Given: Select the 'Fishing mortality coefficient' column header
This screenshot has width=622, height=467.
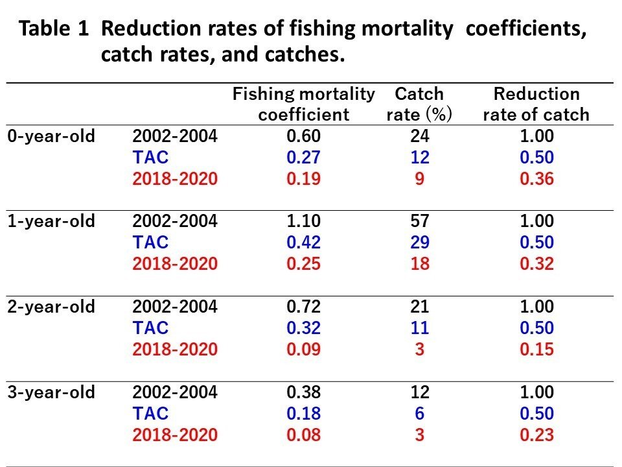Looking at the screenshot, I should [x=303, y=104].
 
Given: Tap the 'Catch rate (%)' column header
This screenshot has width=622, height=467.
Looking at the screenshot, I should [x=419, y=104].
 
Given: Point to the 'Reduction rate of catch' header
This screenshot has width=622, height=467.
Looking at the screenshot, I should [x=536, y=104].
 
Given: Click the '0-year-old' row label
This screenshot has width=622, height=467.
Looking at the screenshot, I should [x=51, y=136].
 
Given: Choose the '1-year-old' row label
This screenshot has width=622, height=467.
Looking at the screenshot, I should [x=51, y=221].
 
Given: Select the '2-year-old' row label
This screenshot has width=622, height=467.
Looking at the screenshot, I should [x=51, y=307].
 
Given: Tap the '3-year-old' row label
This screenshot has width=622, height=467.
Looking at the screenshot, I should [x=51, y=392].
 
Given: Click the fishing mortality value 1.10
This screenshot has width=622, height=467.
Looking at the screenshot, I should [x=303, y=221].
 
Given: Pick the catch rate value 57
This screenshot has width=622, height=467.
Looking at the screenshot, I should [x=419, y=221].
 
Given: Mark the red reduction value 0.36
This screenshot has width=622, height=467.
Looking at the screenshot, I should [x=536, y=179].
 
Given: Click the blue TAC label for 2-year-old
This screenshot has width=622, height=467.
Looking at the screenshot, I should [x=150, y=328].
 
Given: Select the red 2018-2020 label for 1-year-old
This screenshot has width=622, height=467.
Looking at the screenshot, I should [x=175, y=264].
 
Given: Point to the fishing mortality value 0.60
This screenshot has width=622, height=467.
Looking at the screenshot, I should [x=303, y=136].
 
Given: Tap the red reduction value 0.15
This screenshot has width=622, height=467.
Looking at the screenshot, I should [x=536, y=350].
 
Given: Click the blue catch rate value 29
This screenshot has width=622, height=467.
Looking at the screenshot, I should [x=419, y=243].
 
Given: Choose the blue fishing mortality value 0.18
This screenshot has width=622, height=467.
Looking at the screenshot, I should [x=303, y=414].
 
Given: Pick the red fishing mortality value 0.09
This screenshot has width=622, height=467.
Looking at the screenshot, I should [x=303, y=350].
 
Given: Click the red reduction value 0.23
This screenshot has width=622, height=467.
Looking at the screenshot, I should [x=536, y=435].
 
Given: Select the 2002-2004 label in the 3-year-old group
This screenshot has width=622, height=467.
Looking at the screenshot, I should [x=175, y=392].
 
